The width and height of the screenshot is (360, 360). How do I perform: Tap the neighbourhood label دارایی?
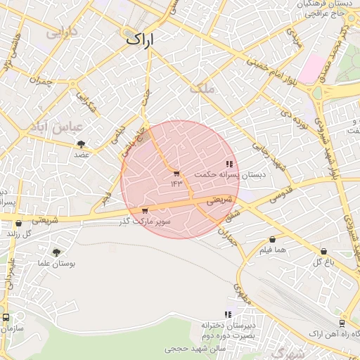coord(59,32)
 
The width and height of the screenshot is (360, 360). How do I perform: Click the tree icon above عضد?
coord(82,143)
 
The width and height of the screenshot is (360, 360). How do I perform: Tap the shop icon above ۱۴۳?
coord(176,173)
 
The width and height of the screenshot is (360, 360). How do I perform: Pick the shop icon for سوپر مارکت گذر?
coord(145,210)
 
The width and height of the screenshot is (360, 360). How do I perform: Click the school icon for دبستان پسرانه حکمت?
coord(229,165)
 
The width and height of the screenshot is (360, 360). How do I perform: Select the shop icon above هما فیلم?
coord(272,240)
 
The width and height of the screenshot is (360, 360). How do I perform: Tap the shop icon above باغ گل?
coord(323,251)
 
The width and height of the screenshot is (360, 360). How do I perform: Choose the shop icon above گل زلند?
coord(18,223)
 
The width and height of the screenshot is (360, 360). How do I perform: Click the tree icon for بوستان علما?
coord(56,252)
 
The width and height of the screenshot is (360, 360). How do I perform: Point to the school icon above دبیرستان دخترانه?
coord(227,314)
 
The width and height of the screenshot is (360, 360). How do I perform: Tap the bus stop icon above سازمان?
coord(6,318)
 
